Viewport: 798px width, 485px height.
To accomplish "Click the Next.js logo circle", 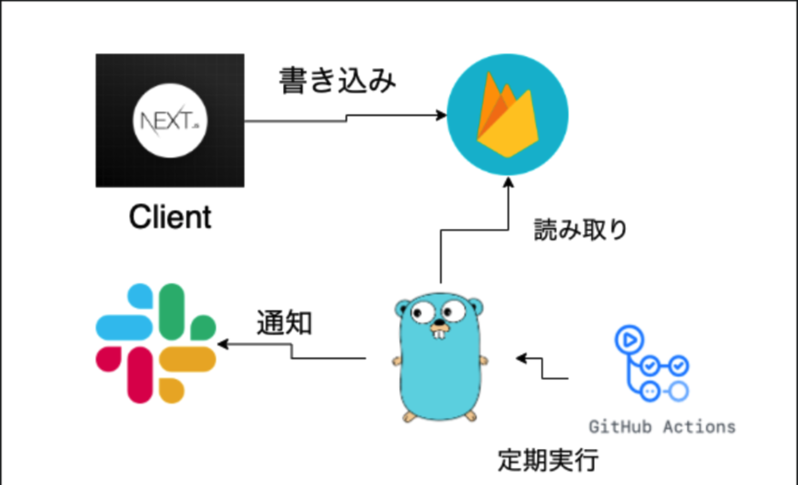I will click(169, 120).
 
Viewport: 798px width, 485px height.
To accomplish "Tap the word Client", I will click(170, 217).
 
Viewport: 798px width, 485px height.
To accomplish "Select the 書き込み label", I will click(338, 82).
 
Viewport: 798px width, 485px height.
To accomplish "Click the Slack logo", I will click(156, 343).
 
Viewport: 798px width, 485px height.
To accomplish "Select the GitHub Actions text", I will click(662, 427).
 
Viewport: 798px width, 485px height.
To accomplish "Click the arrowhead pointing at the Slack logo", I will click(223, 345).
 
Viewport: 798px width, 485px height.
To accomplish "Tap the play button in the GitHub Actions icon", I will click(627, 338).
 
